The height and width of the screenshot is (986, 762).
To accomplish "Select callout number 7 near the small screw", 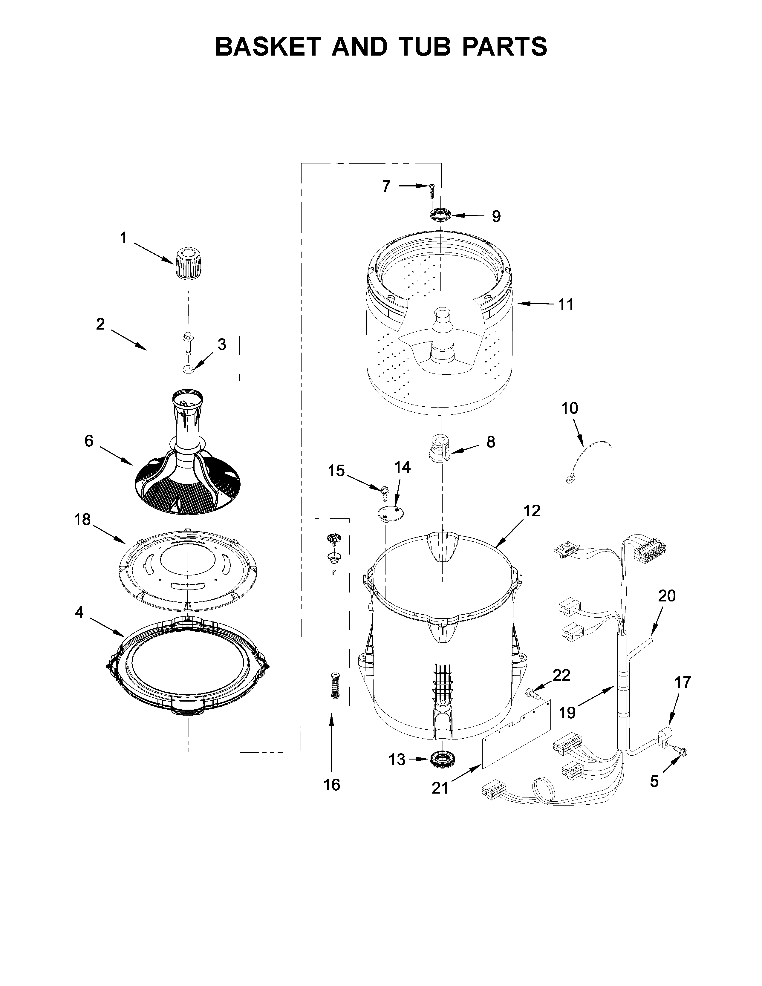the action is pos(386,186).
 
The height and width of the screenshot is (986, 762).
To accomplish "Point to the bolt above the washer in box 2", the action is pos(186,342).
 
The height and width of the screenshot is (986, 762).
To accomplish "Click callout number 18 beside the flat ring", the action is pos(82,520).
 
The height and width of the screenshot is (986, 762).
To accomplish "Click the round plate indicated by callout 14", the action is pos(391,513).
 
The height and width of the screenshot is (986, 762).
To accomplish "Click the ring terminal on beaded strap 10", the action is pos(570,479).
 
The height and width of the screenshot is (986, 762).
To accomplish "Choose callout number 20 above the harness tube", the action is pos(667,596).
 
